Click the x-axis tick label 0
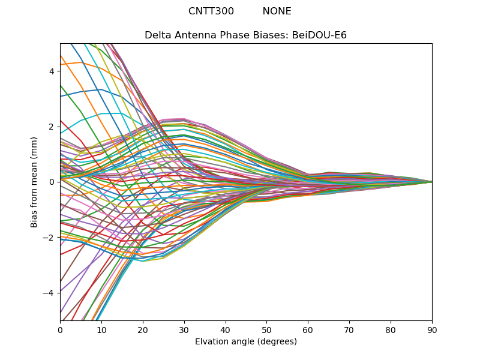pos(60,329)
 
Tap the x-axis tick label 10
pos(101,329)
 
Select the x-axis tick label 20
pos(143,329)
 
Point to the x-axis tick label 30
pos(184,329)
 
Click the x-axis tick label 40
pos(226,329)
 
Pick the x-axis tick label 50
pos(266,329)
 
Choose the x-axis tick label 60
pos(308,329)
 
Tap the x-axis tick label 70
pos(349,329)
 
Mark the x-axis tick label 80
pos(391,329)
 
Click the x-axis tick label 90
pos(432,329)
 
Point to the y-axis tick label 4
pos(52,71)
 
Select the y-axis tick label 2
pos(52,127)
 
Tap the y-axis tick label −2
pos(50,238)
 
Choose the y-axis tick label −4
pos(50,293)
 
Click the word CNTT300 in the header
pos(211,11)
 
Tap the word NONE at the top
pos(277,11)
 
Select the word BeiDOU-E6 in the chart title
pos(319,35)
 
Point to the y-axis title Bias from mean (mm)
pos(34,181)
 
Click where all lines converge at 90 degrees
pos(431,182)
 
